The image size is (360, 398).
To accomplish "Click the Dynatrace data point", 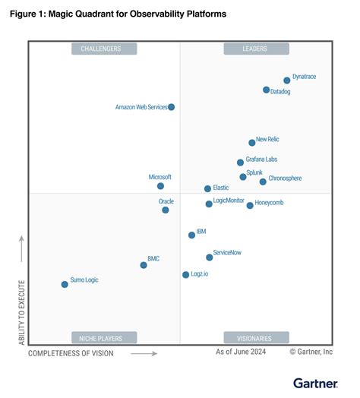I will click(x=287, y=80).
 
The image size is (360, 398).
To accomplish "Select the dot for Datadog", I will click(x=266, y=90).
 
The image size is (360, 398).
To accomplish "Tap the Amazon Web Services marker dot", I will click(x=171, y=107).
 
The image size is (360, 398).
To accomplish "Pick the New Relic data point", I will click(x=252, y=142).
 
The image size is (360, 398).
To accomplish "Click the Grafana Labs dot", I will click(x=240, y=162).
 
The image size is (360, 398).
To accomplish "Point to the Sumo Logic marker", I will click(x=65, y=284).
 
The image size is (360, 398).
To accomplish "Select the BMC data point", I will click(x=144, y=265).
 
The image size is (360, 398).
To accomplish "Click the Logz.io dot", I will click(x=185, y=274).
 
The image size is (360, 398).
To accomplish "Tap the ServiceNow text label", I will click(x=228, y=251).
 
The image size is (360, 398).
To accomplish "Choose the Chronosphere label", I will click(x=285, y=178).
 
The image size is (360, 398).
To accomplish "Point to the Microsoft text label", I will click(x=159, y=177).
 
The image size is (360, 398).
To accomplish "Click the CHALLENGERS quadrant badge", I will click(x=105, y=49).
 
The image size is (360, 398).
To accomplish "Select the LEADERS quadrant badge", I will click(x=256, y=49).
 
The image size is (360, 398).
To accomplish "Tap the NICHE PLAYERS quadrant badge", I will click(x=105, y=337).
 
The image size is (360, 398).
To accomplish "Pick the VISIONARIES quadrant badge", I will click(x=256, y=337).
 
